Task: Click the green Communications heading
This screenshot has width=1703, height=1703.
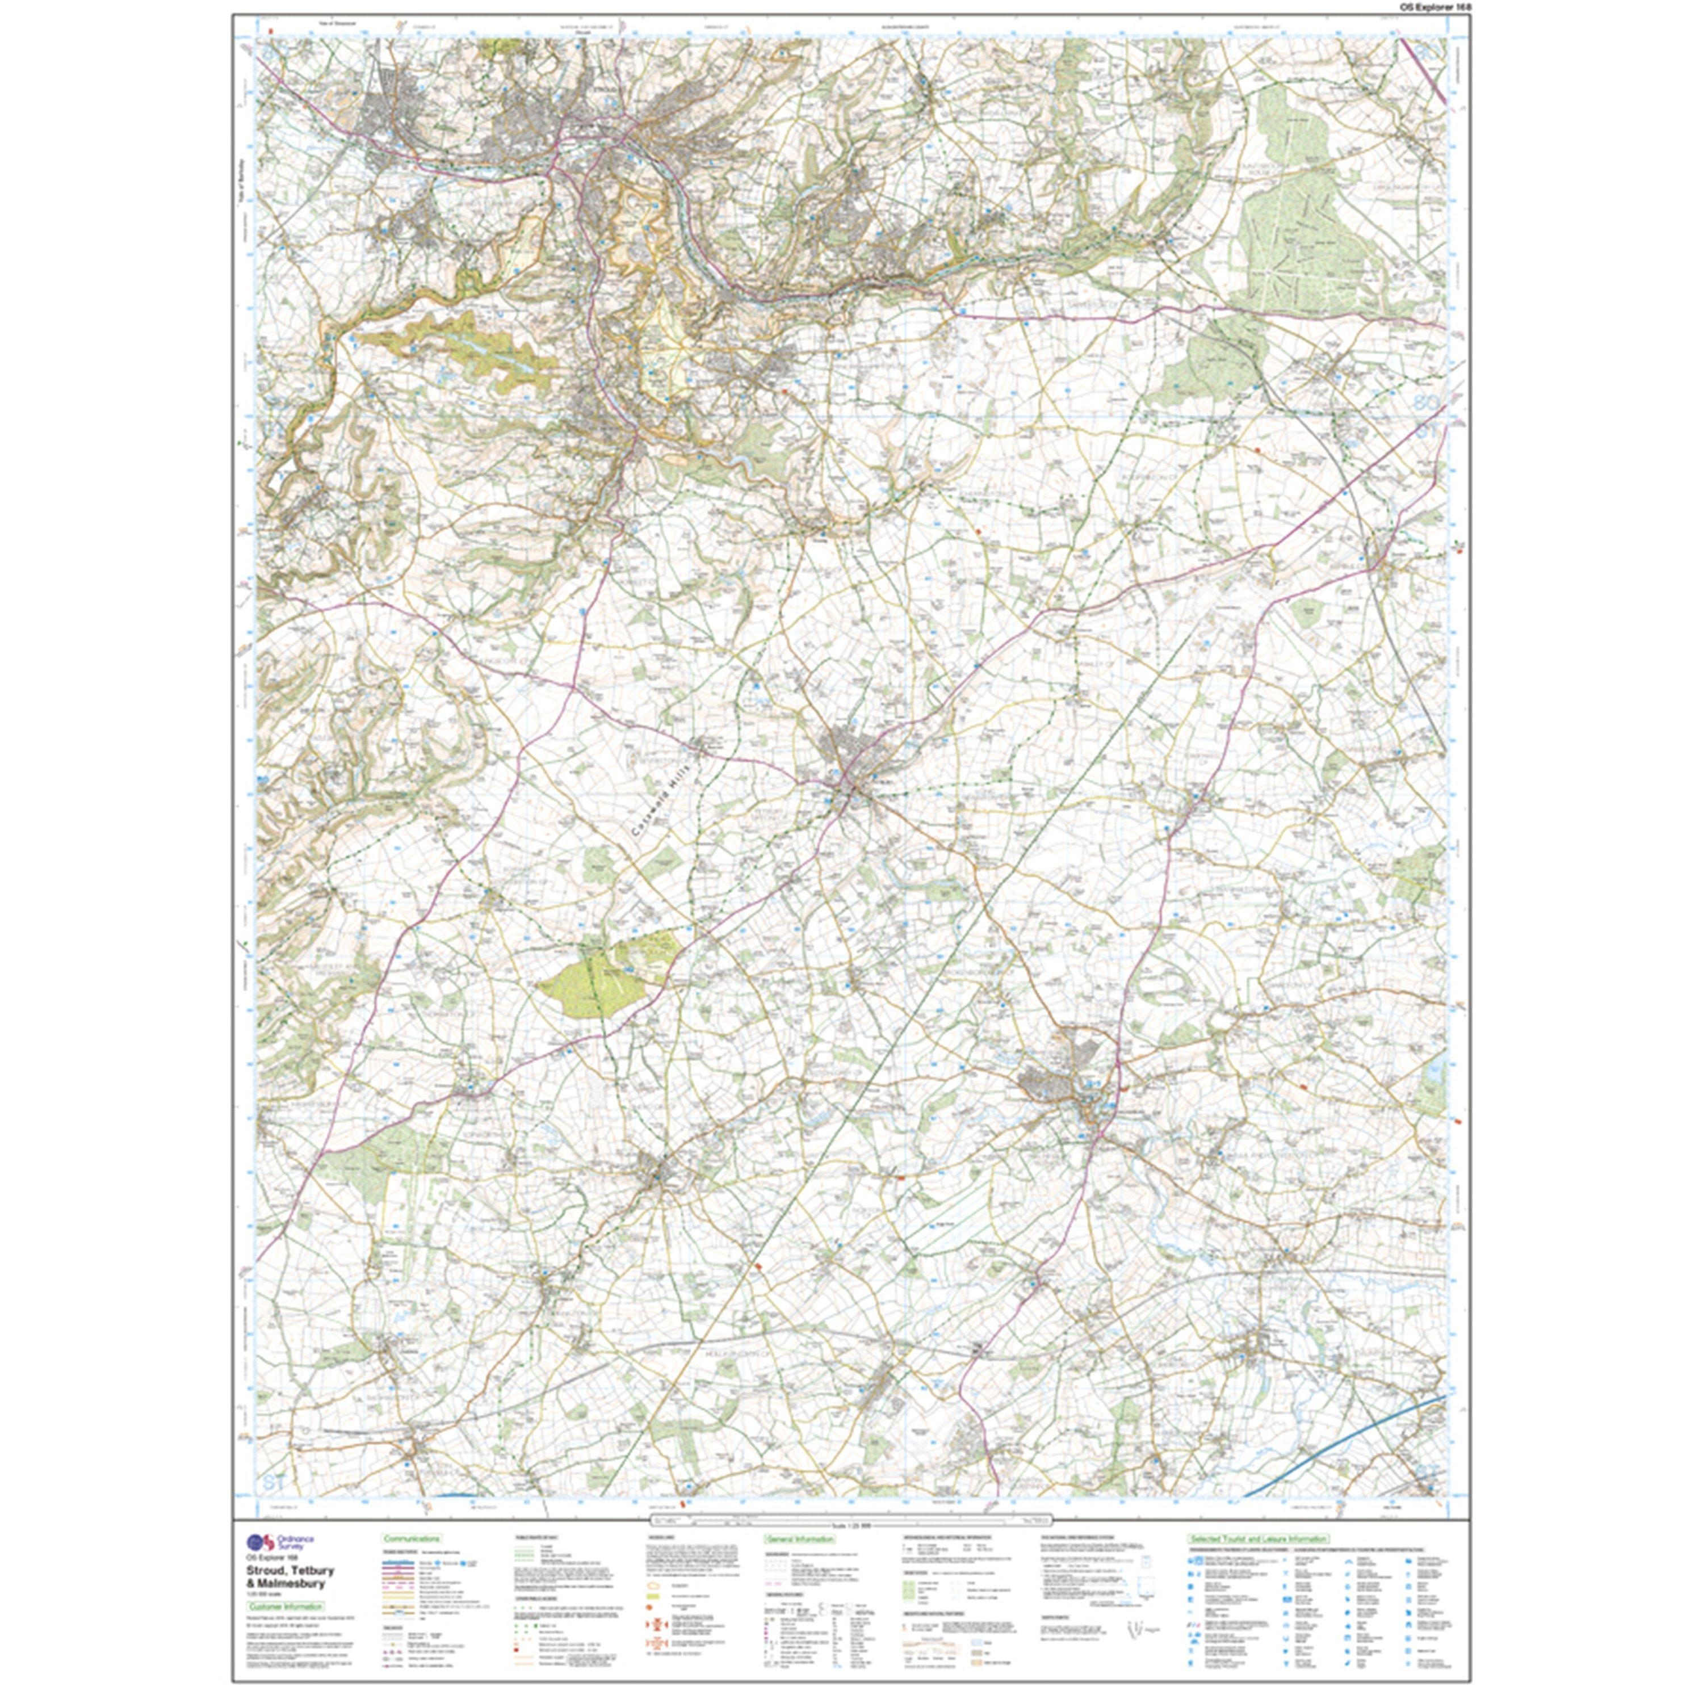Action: pyautogui.click(x=411, y=1538)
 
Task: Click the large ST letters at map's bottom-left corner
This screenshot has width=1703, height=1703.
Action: pyautogui.click(x=274, y=1483)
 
